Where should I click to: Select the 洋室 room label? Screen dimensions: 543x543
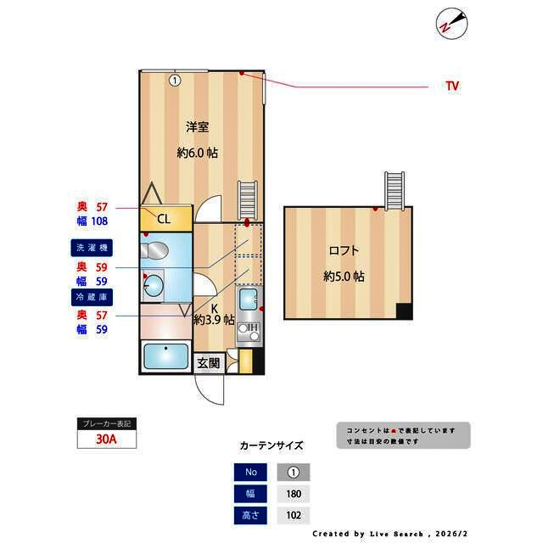point(198,127)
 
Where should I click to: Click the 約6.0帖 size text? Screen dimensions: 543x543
point(198,154)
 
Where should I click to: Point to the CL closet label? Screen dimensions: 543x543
point(163,219)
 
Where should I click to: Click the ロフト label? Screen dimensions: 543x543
point(344,250)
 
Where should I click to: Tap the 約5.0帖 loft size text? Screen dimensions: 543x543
point(344,277)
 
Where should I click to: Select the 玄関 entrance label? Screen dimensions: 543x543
point(208,362)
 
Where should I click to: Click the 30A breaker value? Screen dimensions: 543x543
point(106,439)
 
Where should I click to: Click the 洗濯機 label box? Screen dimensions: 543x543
point(92,248)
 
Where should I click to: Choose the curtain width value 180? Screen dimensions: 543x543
point(294,494)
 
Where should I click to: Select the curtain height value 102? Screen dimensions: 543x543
point(294,515)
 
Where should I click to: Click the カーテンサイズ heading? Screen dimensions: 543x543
point(271,445)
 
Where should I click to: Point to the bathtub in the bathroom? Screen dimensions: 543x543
point(166,357)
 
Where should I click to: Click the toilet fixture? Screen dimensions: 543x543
point(156,250)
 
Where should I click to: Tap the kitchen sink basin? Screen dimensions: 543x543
point(249,299)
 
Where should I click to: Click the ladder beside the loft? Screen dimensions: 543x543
point(396,190)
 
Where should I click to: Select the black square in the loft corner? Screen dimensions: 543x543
point(404,311)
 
